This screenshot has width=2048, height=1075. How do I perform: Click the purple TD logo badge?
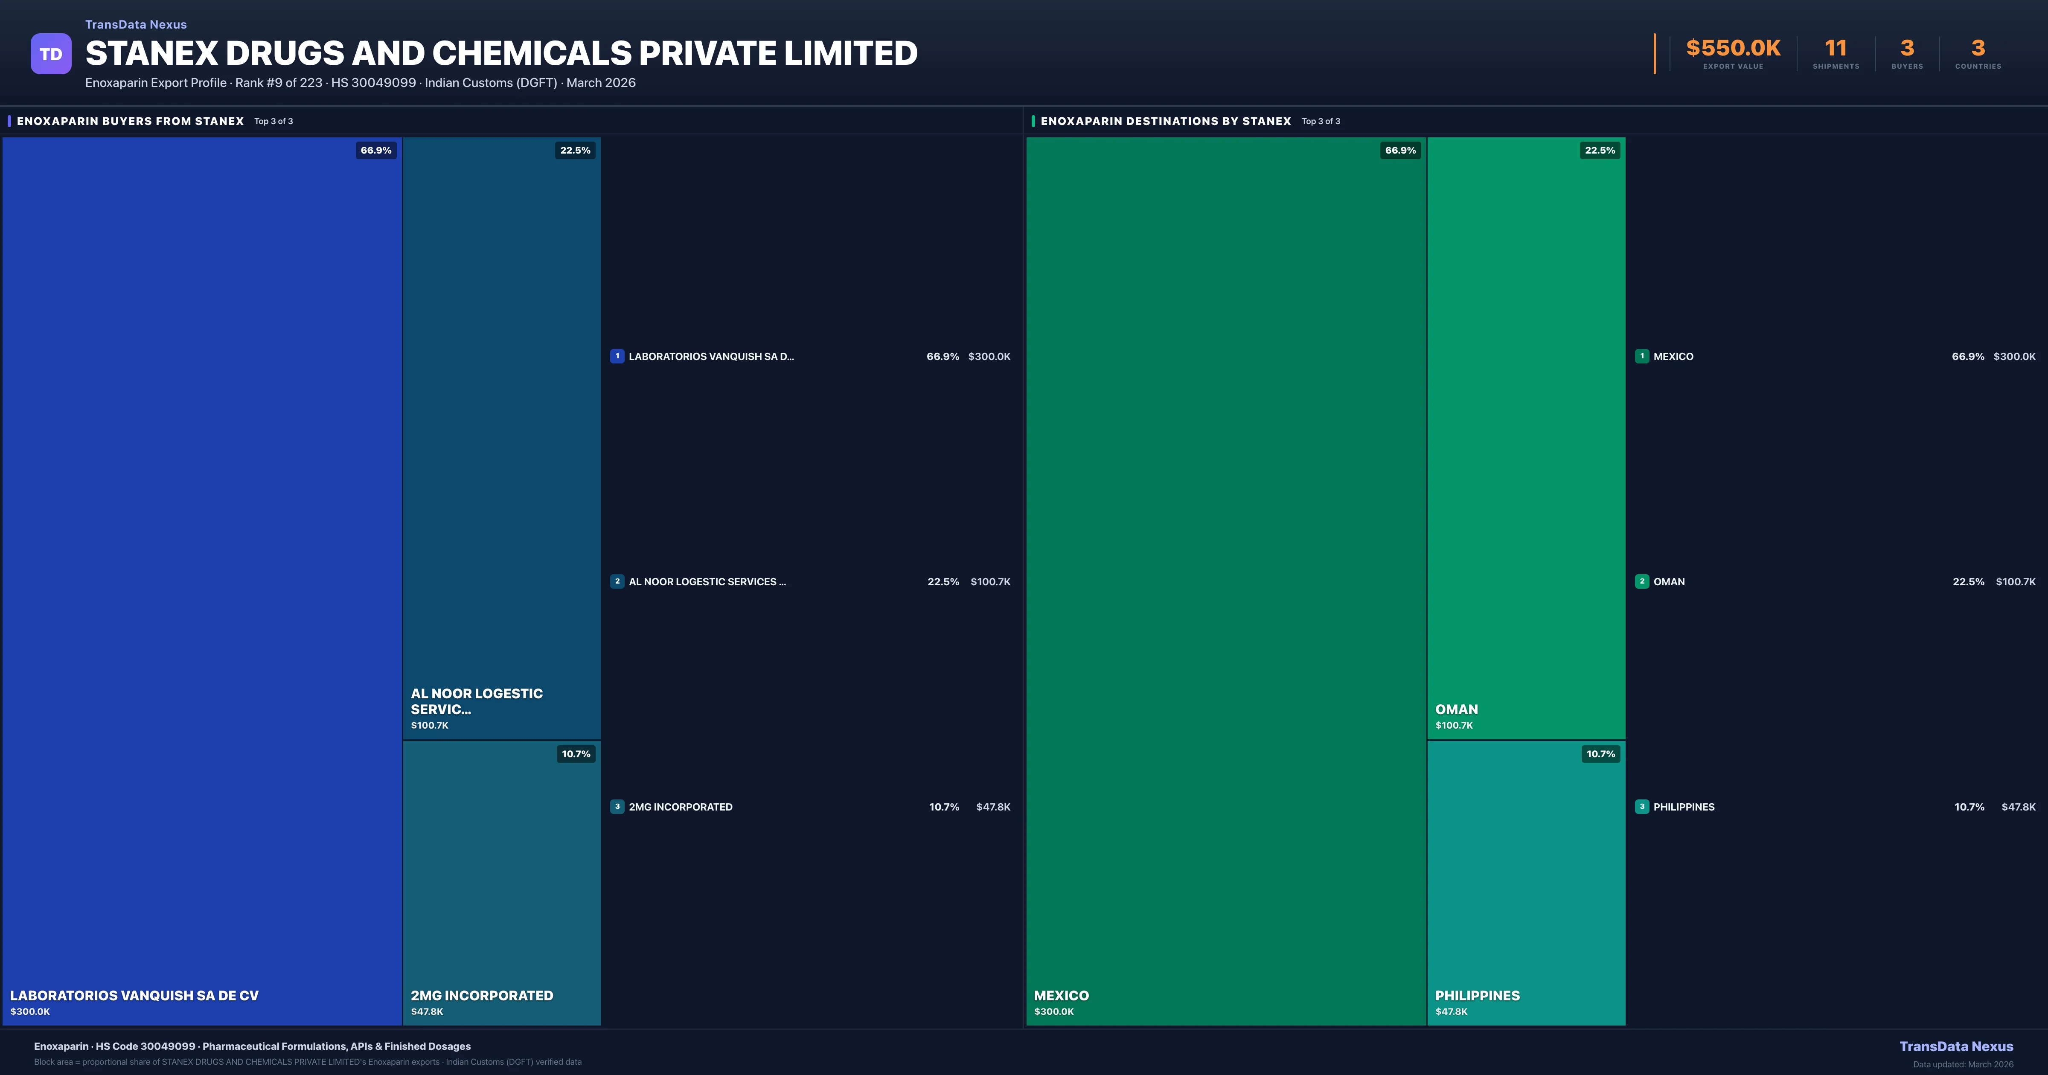pyautogui.click(x=51, y=54)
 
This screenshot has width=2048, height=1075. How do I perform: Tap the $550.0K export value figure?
pyautogui.click(x=1733, y=49)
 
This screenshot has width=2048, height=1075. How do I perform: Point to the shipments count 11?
pyautogui.click(x=1836, y=49)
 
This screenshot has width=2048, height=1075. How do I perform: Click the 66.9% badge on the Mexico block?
pyautogui.click(x=1400, y=150)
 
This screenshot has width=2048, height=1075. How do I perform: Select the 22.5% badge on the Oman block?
pyautogui.click(x=1600, y=150)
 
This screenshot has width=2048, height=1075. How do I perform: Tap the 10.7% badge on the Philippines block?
pyautogui.click(x=1600, y=754)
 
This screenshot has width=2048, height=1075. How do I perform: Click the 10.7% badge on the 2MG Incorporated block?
pyautogui.click(x=576, y=754)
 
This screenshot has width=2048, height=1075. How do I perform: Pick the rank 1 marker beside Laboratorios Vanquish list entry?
pyautogui.click(x=617, y=356)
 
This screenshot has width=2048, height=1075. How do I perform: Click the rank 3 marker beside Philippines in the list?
pyautogui.click(x=1642, y=806)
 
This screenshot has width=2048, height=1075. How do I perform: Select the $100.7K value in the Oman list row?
pyautogui.click(x=2016, y=582)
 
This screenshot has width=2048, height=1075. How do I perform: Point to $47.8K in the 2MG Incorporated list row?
pyautogui.click(x=993, y=807)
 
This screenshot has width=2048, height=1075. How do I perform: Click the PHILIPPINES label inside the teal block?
pyautogui.click(x=1477, y=996)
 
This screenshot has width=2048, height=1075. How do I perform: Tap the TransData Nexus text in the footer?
pyautogui.click(x=1956, y=1046)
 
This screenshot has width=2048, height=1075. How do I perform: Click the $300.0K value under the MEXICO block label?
pyautogui.click(x=1053, y=1011)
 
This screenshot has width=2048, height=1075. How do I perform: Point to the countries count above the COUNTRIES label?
pyautogui.click(x=1978, y=49)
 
